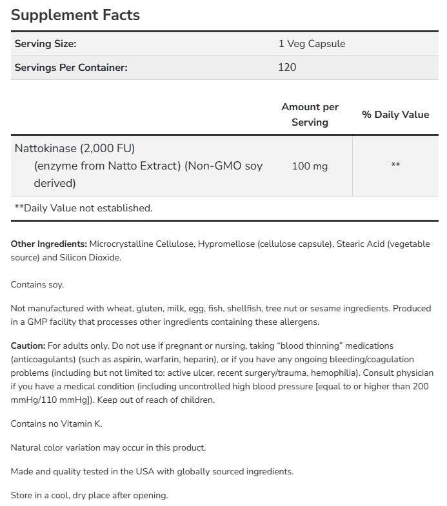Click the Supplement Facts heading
click(75, 15)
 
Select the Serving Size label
click(45, 44)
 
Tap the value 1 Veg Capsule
click(312, 44)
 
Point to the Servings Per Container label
click(71, 67)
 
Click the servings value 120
click(287, 67)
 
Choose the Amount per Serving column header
click(310, 114)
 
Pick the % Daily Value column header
click(395, 115)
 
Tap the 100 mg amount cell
click(310, 166)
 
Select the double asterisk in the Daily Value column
click(395, 166)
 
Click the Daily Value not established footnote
click(83, 208)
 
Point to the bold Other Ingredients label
click(48, 244)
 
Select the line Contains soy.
click(37, 284)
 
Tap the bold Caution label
click(28, 346)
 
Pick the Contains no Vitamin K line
click(57, 423)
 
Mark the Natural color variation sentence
click(108, 447)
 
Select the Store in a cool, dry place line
click(89, 495)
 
